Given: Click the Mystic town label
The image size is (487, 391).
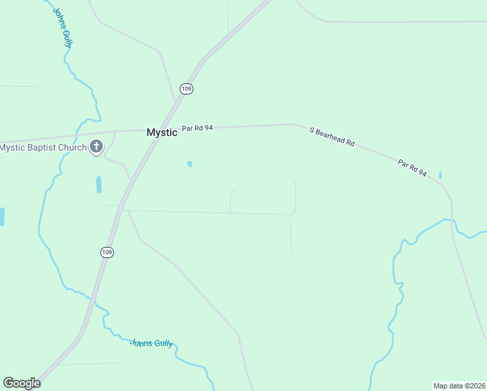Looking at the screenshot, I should (x=161, y=132).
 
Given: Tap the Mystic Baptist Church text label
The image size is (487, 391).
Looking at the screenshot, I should (x=43, y=147).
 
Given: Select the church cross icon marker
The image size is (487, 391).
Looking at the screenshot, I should (x=96, y=147).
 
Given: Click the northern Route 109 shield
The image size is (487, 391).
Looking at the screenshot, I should (x=187, y=89).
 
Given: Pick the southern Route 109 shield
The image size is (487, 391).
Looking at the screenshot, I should (x=107, y=252).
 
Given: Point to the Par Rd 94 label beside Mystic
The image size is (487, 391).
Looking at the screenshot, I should (x=197, y=128).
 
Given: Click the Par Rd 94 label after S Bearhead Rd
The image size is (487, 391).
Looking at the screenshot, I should (x=412, y=168).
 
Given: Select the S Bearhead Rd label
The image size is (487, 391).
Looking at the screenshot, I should (x=332, y=137).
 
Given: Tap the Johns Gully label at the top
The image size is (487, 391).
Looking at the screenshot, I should (x=62, y=27).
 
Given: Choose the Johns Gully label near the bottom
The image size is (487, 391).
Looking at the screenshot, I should (x=152, y=343).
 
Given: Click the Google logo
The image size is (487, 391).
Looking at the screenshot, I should (x=21, y=383).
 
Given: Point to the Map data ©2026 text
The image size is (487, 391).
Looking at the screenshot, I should (x=459, y=385).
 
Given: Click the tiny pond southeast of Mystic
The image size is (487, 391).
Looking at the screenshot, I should (x=189, y=164).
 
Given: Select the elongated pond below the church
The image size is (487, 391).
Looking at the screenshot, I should (x=99, y=185).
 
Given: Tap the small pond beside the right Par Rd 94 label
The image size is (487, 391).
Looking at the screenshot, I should (x=440, y=175).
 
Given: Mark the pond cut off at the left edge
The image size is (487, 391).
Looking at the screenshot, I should (x=2, y=216).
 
